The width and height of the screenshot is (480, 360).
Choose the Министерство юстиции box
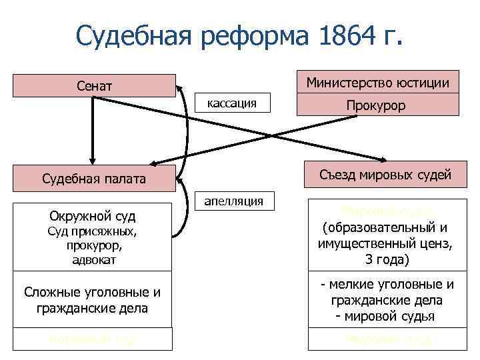[377, 82]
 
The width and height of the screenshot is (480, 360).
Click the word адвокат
[93, 260]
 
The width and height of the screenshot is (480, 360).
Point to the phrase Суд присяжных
[93, 232]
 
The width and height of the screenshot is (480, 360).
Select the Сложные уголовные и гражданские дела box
[92, 300]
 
